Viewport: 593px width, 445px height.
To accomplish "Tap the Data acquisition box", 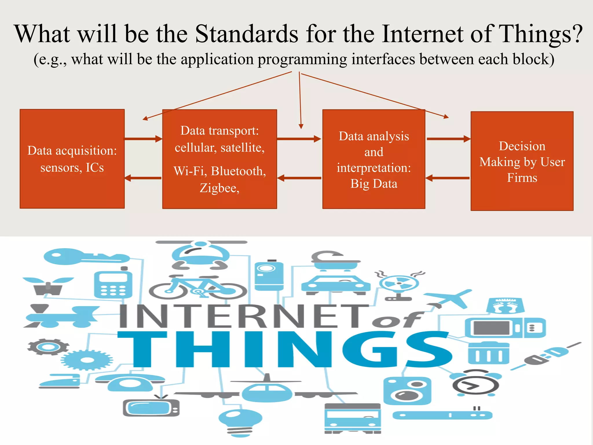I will click(x=72, y=159).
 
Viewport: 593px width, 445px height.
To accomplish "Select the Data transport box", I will click(x=219, y=159).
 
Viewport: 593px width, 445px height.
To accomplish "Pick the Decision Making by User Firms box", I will click(x=522, y=161).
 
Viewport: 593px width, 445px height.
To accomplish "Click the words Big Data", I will click(x=374, y=184).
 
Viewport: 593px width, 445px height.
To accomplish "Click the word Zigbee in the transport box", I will click(x=219, y=188).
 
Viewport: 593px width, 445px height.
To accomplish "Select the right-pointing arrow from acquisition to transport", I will click(x=143, y=139).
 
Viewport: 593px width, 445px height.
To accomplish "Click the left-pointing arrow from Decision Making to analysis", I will click(x=448, y=178).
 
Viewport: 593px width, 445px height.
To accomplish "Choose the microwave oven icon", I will click(x=505, y=328).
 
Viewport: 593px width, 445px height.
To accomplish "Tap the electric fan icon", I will click(x=399, y=285).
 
